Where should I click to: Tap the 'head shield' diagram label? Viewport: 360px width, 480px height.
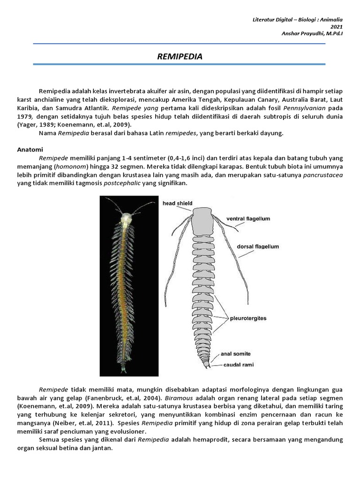[x=177, y=203]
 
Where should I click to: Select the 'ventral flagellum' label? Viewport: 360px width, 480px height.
[x=248, y=218]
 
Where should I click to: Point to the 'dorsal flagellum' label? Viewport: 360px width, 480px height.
[x=258, y=247]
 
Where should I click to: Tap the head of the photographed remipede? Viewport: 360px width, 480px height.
[x=125, y=218]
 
